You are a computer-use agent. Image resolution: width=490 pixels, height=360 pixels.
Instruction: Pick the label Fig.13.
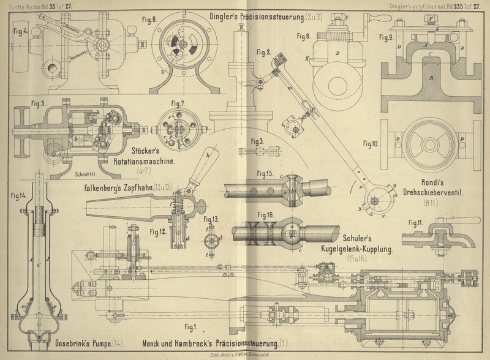coord(211,219)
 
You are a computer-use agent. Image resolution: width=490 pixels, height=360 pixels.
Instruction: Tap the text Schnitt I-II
coord(90,174)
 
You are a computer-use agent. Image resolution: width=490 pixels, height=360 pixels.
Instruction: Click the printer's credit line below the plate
coord(245,354)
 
